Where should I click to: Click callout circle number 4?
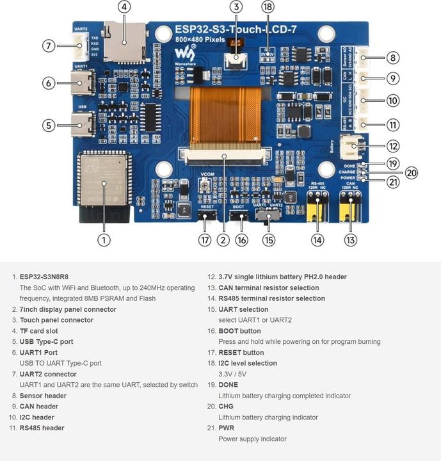coord(124,7)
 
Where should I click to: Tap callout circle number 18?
coord(268,7)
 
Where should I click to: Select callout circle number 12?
coord(392,147)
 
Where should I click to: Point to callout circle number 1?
coord(104,239)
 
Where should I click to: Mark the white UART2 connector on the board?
coord(81,45)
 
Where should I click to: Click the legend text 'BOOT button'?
coord(239,331)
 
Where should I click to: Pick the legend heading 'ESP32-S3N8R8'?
coord(44,277)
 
